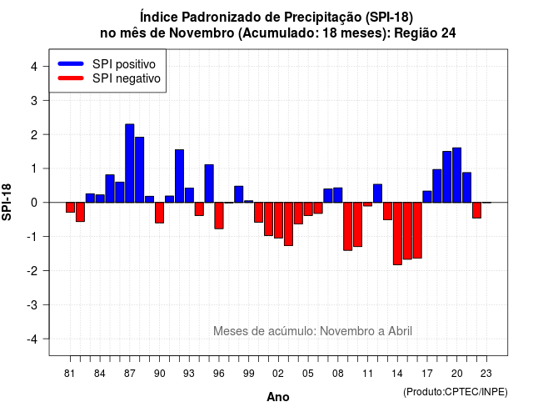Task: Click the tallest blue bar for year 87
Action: (130, 163)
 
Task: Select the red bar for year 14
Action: (397, 234)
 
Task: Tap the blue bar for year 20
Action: (457, 175)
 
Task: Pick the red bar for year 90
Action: (159, 213)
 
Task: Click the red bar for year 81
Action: (70, 208)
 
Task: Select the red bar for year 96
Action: (219, 215)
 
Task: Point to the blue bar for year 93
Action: (189, 195)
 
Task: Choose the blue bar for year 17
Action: (427, 197)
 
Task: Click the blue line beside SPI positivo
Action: (71, 63)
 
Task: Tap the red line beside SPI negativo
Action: (71, 78)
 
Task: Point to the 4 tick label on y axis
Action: (34, 67)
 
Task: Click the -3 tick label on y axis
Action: (32, 304)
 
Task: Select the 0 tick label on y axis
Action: (34, 203)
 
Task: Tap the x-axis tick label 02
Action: (278, 374)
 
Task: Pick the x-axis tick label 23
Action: (486, 374)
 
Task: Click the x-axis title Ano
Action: (278, 397)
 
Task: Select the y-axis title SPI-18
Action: (7, 202)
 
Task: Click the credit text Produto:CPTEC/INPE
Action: (456, 392)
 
